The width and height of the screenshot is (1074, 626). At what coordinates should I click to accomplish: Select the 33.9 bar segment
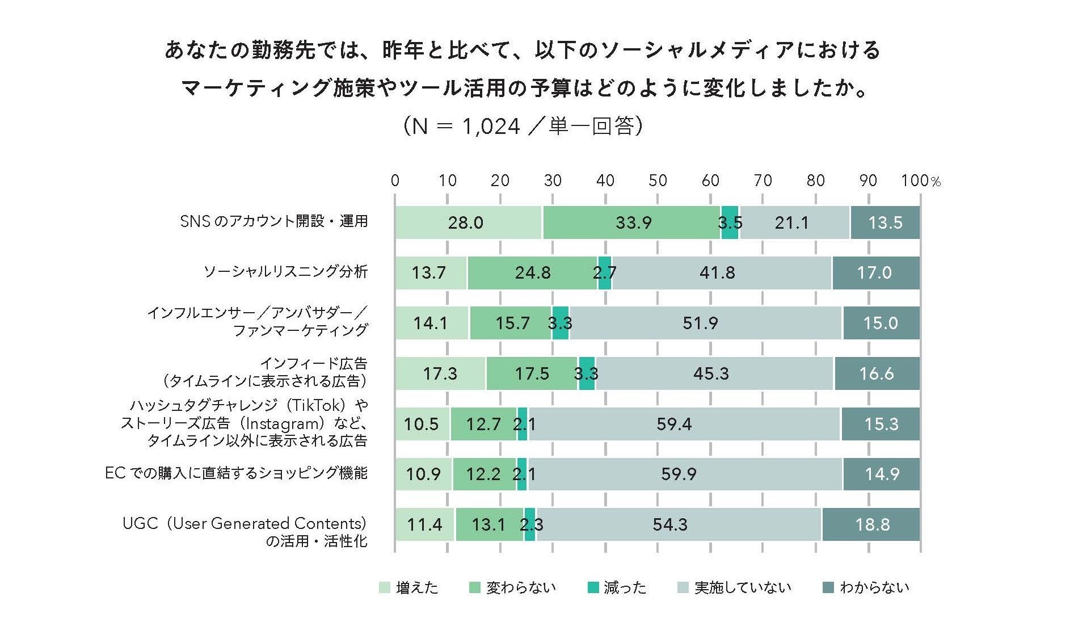(631, 222)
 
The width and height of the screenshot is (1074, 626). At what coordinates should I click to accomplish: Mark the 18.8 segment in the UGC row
(871, 524)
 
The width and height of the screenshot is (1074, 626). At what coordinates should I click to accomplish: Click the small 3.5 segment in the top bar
(730, 222)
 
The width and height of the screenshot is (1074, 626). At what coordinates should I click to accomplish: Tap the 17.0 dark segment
(875, 273)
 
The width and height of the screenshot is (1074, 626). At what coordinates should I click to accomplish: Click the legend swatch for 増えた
(385, 588)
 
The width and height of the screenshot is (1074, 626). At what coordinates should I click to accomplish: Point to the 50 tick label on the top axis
(658, 180)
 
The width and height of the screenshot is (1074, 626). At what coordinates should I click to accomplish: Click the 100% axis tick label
(920, 180)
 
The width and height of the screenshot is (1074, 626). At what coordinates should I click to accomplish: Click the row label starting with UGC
(245, 523)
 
